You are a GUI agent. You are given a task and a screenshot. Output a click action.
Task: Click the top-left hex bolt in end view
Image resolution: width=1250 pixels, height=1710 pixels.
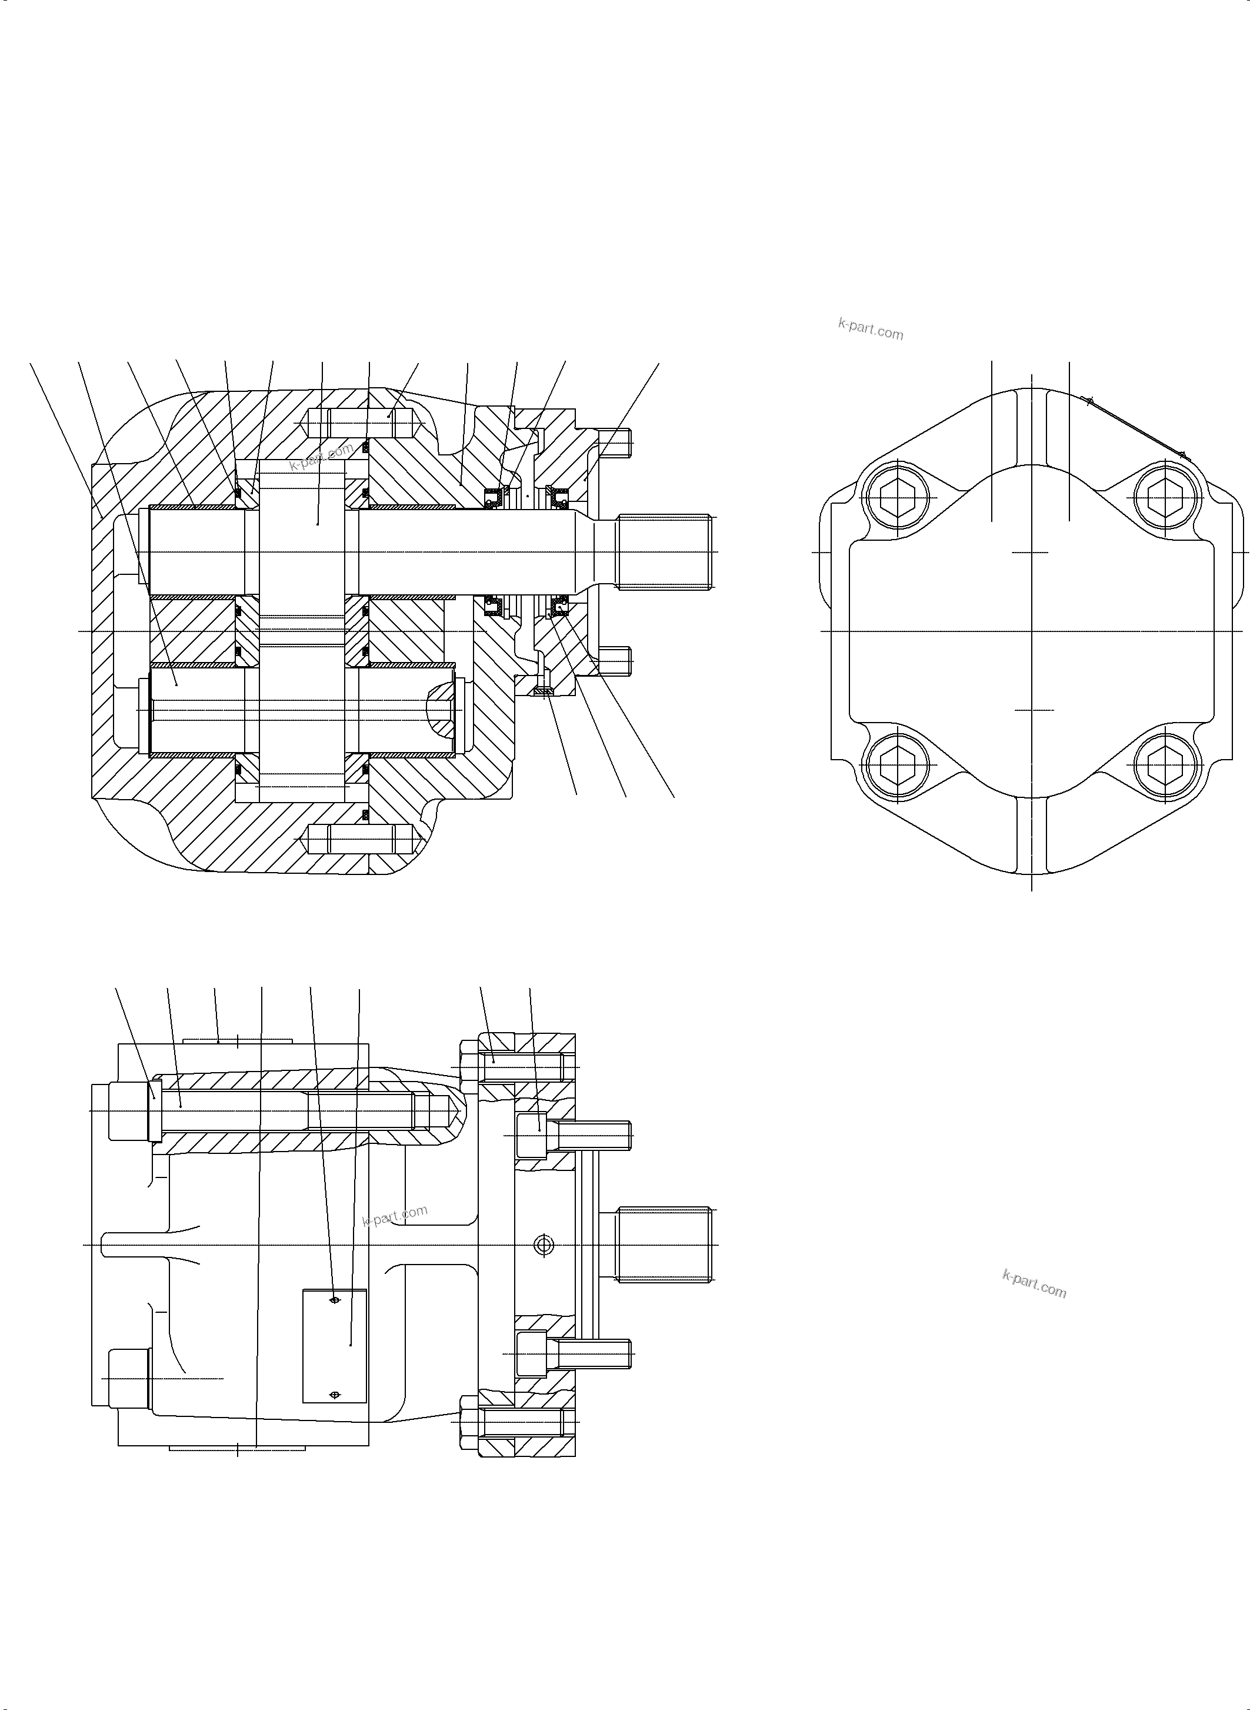pyautogui.click(x=899, y=497)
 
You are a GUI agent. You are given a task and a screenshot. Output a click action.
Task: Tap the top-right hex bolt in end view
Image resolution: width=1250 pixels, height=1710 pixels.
pyautogui.click(x=1166, y=497)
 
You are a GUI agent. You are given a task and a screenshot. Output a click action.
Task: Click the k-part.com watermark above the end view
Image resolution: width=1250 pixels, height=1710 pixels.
pyautogui.click(x=870, y=330)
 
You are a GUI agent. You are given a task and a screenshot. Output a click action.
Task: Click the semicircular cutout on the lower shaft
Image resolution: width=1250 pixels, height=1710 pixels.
pyautogui.click(x=442, y=710)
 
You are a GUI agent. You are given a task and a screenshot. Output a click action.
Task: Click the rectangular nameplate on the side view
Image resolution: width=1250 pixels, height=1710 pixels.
pyautogui.click(x=335, y=1346)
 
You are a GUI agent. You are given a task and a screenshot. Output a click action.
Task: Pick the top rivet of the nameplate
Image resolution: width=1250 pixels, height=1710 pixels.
pyautogui.click(x=335, y=1300)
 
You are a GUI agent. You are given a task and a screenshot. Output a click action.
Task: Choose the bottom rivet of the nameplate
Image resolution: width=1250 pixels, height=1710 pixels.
pyautogui.click(x=335, y=1395)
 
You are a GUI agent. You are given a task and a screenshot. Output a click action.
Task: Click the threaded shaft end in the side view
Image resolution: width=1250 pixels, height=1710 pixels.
pyautogui.click(x=664, y=1245)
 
